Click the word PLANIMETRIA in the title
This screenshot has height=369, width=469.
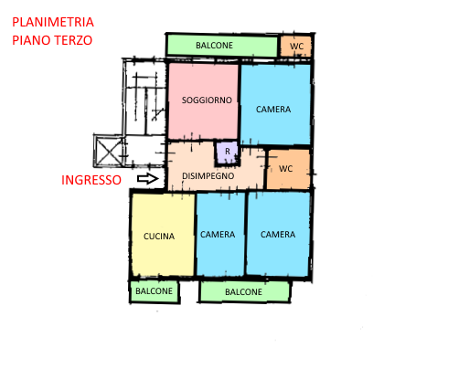point(53,22)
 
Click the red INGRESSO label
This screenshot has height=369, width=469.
point(91,180)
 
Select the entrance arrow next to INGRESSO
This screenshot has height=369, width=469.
point(148,179)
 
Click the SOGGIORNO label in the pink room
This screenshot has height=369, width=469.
point(207,100)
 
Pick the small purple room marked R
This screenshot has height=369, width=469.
point(227,153)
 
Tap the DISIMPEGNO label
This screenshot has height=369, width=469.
point(208,176)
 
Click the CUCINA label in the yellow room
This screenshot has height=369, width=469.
point(159,237)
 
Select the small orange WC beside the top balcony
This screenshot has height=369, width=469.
point(296,46)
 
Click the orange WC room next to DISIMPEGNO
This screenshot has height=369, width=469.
point(288,169)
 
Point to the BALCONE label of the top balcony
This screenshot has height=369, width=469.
point(214,46)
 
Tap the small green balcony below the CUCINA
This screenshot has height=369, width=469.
point(155,291)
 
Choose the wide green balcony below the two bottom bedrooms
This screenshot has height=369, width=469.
point(244,291)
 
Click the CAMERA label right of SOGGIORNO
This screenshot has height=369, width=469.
point(273,110)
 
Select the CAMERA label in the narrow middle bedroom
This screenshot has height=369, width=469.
point(218,235)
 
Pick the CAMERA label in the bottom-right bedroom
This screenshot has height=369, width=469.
point(278,235)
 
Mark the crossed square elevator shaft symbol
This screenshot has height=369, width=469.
point(109,151)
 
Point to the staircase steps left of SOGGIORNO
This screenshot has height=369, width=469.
point(145,98)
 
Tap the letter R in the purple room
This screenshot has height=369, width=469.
point(228,152)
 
